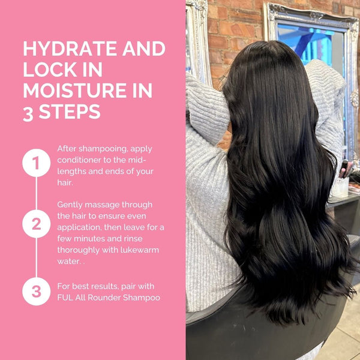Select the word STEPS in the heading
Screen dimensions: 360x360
pyautogui.click(x=70, y=112)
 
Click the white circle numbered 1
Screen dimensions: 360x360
pyautogui.click(x=36, y=163)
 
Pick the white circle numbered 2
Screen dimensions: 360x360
pyautogui.click(x=36, y=224)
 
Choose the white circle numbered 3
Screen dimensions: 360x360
pyautogui.click(x=36, y=291)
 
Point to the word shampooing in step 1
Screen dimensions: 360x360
pyautogui.click(x=103, y=149)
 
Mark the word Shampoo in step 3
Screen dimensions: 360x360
pyautogui.click(x=142, y=298)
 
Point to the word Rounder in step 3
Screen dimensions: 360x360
pyautogui.click(x=104, y=298)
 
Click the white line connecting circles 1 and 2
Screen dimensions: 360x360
pyautogui.click(x=36, y=193)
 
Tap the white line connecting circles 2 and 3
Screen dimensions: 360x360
pyautogui.click(x=36, y=257)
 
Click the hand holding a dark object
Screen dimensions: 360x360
pyautogui.click(x=346, y=169)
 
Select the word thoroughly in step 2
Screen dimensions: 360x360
pyautogui.click(x=78, y=250)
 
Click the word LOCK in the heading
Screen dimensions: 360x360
pyautogui.click(x=50, y=70)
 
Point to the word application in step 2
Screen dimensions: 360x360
pyautogui.click(x=79, y=228)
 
